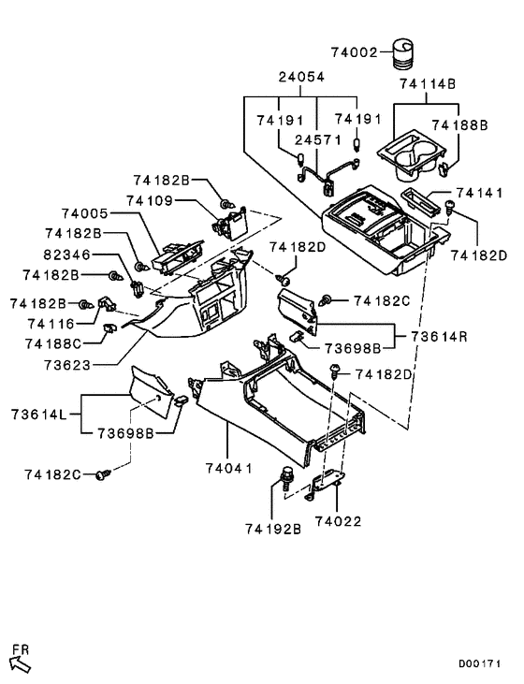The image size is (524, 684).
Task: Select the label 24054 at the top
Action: (x=301, y=79)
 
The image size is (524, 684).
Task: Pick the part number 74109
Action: (x=167, y=200)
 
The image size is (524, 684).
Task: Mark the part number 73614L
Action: (x=42, y=414)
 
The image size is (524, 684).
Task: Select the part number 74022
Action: (x=339, y=520)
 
